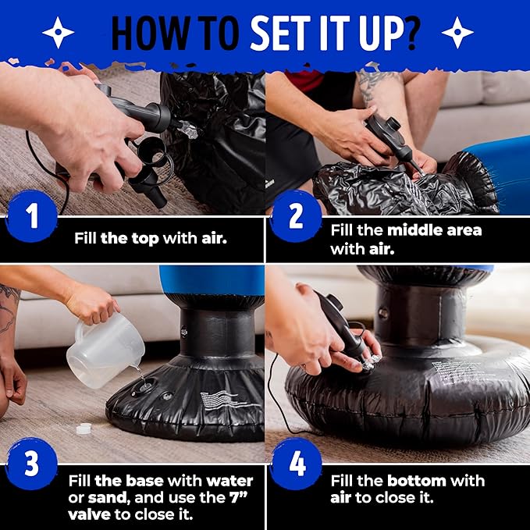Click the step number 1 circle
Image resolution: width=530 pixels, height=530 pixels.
tap(32, 216)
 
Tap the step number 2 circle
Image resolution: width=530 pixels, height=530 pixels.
tap(296, 216)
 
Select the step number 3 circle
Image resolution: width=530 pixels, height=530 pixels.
tap(32, 464)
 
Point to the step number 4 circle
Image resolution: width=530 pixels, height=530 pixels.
tap(296, 464)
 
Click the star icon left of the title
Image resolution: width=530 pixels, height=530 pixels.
tap(58, 33)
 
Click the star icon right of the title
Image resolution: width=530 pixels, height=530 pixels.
tap(457, 33)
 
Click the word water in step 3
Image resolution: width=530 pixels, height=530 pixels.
tap(229, 481)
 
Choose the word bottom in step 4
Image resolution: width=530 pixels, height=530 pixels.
tap(417, 481)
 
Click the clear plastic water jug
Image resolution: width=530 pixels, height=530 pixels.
tap(105, 350)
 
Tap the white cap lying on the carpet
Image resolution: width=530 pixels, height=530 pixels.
tap(84, 429)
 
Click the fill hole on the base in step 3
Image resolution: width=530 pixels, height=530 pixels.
tap(144, 386)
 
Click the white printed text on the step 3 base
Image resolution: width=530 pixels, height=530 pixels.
tap(223, 400)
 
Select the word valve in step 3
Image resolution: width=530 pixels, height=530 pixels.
tap(89, 515)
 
